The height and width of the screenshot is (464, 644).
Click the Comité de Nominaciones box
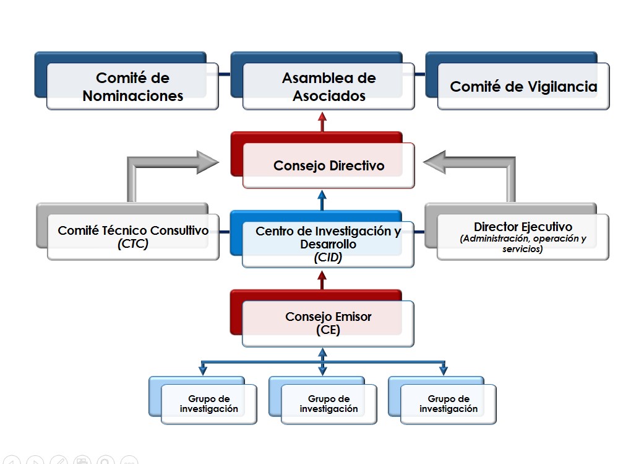(x=132, y=87)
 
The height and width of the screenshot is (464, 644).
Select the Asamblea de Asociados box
(x=328, y=87)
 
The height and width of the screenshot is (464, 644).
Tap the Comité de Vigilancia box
(x=523, y=87)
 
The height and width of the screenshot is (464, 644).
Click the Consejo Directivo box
(x=328, y=165)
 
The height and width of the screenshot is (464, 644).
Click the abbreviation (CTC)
(x=133, y=244)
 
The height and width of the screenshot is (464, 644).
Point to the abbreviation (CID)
(x=328, y=258)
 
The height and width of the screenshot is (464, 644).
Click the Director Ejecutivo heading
(x=523, y=227)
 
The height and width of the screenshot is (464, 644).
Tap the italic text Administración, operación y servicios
(x=523, y=243)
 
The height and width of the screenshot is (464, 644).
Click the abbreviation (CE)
(x=328, y=330)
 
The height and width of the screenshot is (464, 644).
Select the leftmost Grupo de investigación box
(x=208, y=404)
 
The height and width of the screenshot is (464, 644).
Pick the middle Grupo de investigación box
(x=328, y=404)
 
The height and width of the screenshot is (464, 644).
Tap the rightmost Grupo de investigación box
(x=448, y=404)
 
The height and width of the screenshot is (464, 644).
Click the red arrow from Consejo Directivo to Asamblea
(x=322, y=122)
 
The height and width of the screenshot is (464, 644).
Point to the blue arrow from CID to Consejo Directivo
(x=322, y=201)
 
